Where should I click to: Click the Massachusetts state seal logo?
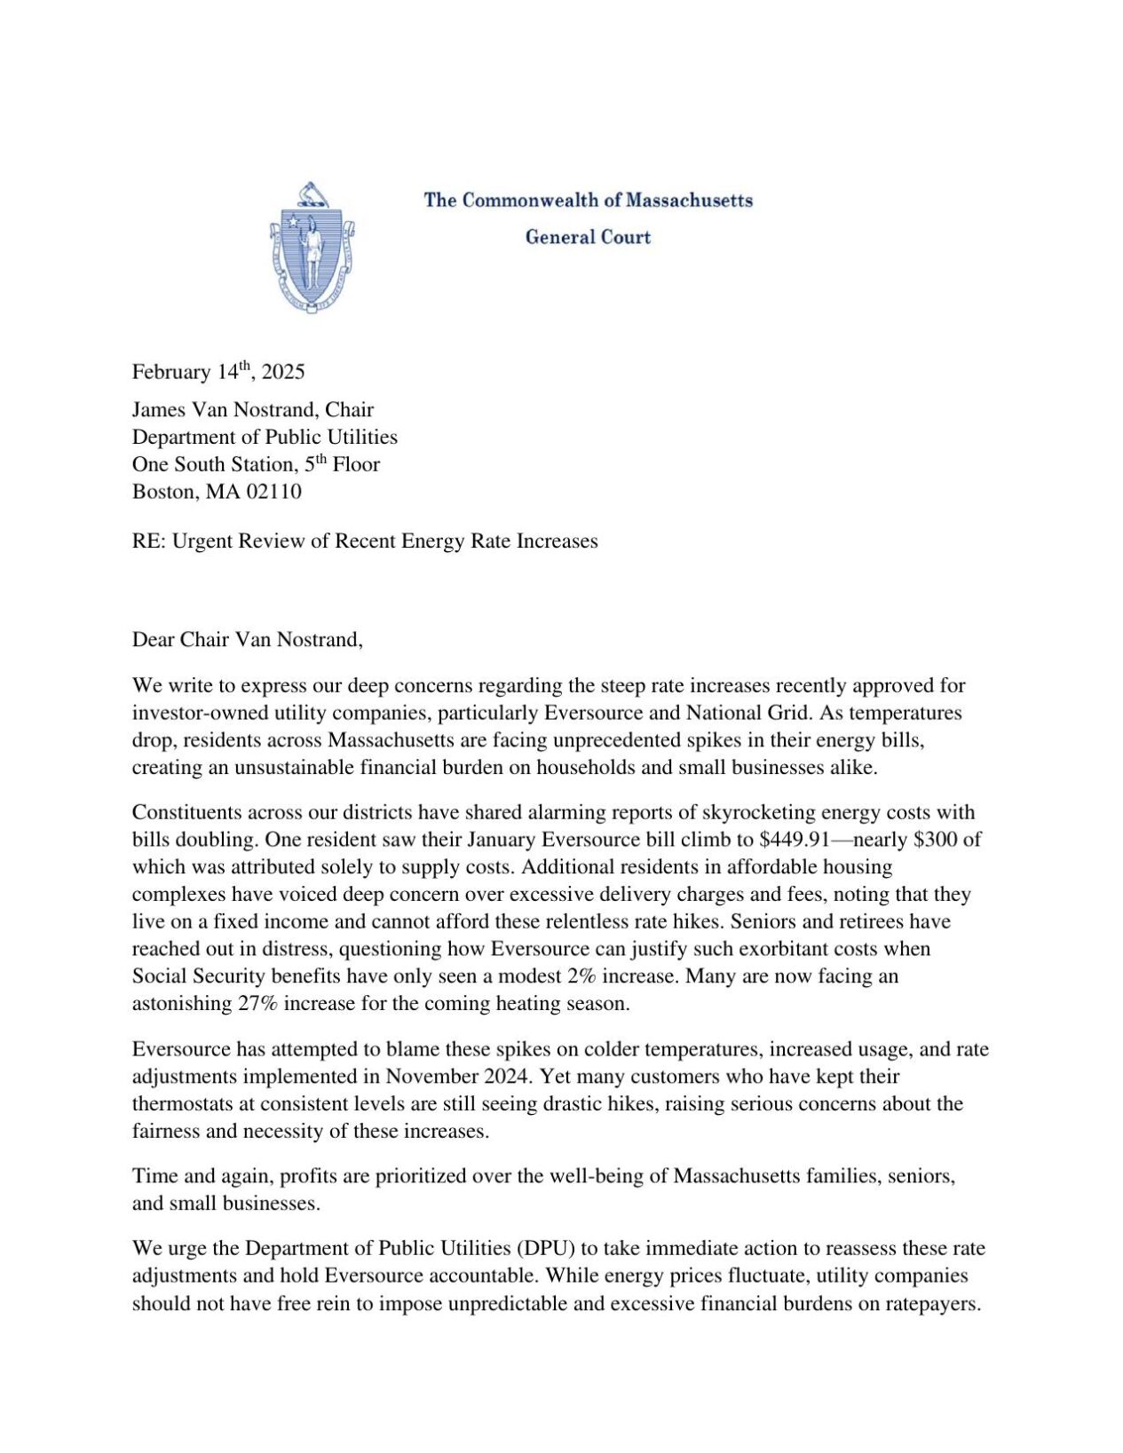pos(312,249)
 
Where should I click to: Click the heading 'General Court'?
pos(588,237)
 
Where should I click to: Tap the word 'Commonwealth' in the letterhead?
pos(531,200)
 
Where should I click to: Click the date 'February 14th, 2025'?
pos(218,371)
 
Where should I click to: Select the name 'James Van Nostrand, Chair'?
pos(253,409)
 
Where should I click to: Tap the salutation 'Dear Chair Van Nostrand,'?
pos(248,640)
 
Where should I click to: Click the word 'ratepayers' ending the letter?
pos(931,1304)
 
